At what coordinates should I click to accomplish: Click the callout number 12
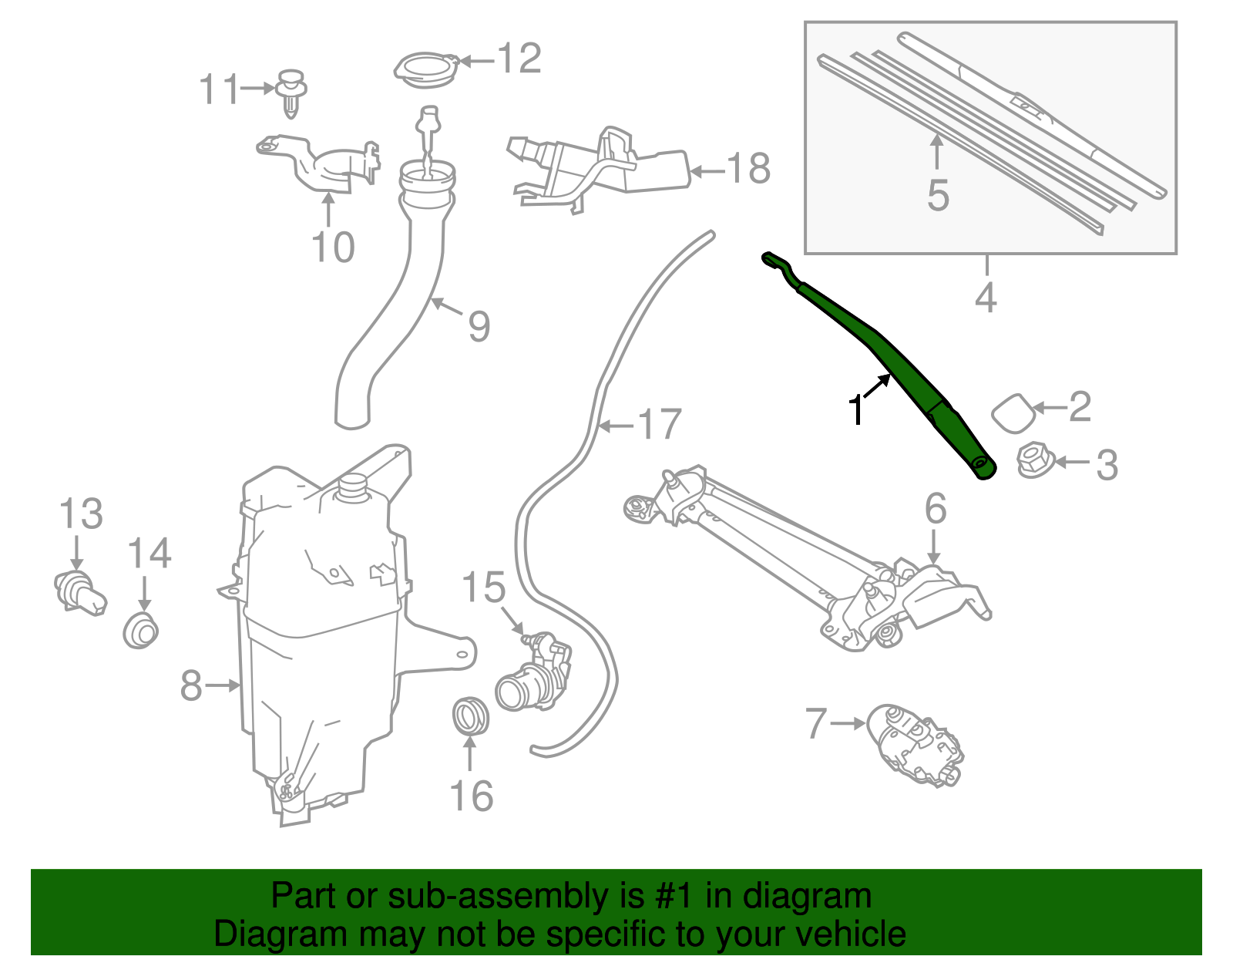[x=519, y=59]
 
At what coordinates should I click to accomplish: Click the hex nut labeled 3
[x=1033, y=460]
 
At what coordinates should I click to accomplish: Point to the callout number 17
[x=660, y=425]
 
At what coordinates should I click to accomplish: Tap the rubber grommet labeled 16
[x=470, y=716]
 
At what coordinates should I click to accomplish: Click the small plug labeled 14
[x=141, y=630]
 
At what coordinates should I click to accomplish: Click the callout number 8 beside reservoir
[x=191, y=685]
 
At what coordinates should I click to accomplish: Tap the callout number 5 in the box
[x=937, y=195]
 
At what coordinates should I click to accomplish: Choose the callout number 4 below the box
[x=986, y=298]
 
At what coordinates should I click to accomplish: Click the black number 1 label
[x=855, y=410]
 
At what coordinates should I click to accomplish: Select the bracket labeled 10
[x=317, y=164]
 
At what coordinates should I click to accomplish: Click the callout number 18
[x=748, y=168]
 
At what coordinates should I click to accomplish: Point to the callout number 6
[x=935, y=509]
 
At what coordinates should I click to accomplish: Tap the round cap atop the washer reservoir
[x=353, y=487]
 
